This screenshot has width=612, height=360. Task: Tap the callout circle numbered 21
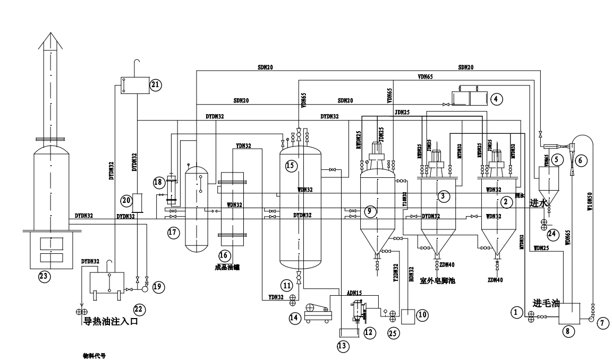[x=155, y=84]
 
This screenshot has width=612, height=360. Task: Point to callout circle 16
[x=224, y=255]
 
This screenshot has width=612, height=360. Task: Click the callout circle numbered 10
[x=422, y=314]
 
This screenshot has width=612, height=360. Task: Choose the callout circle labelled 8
[x=567, y=331]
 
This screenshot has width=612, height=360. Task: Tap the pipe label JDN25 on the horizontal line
[x=403, y=113]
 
